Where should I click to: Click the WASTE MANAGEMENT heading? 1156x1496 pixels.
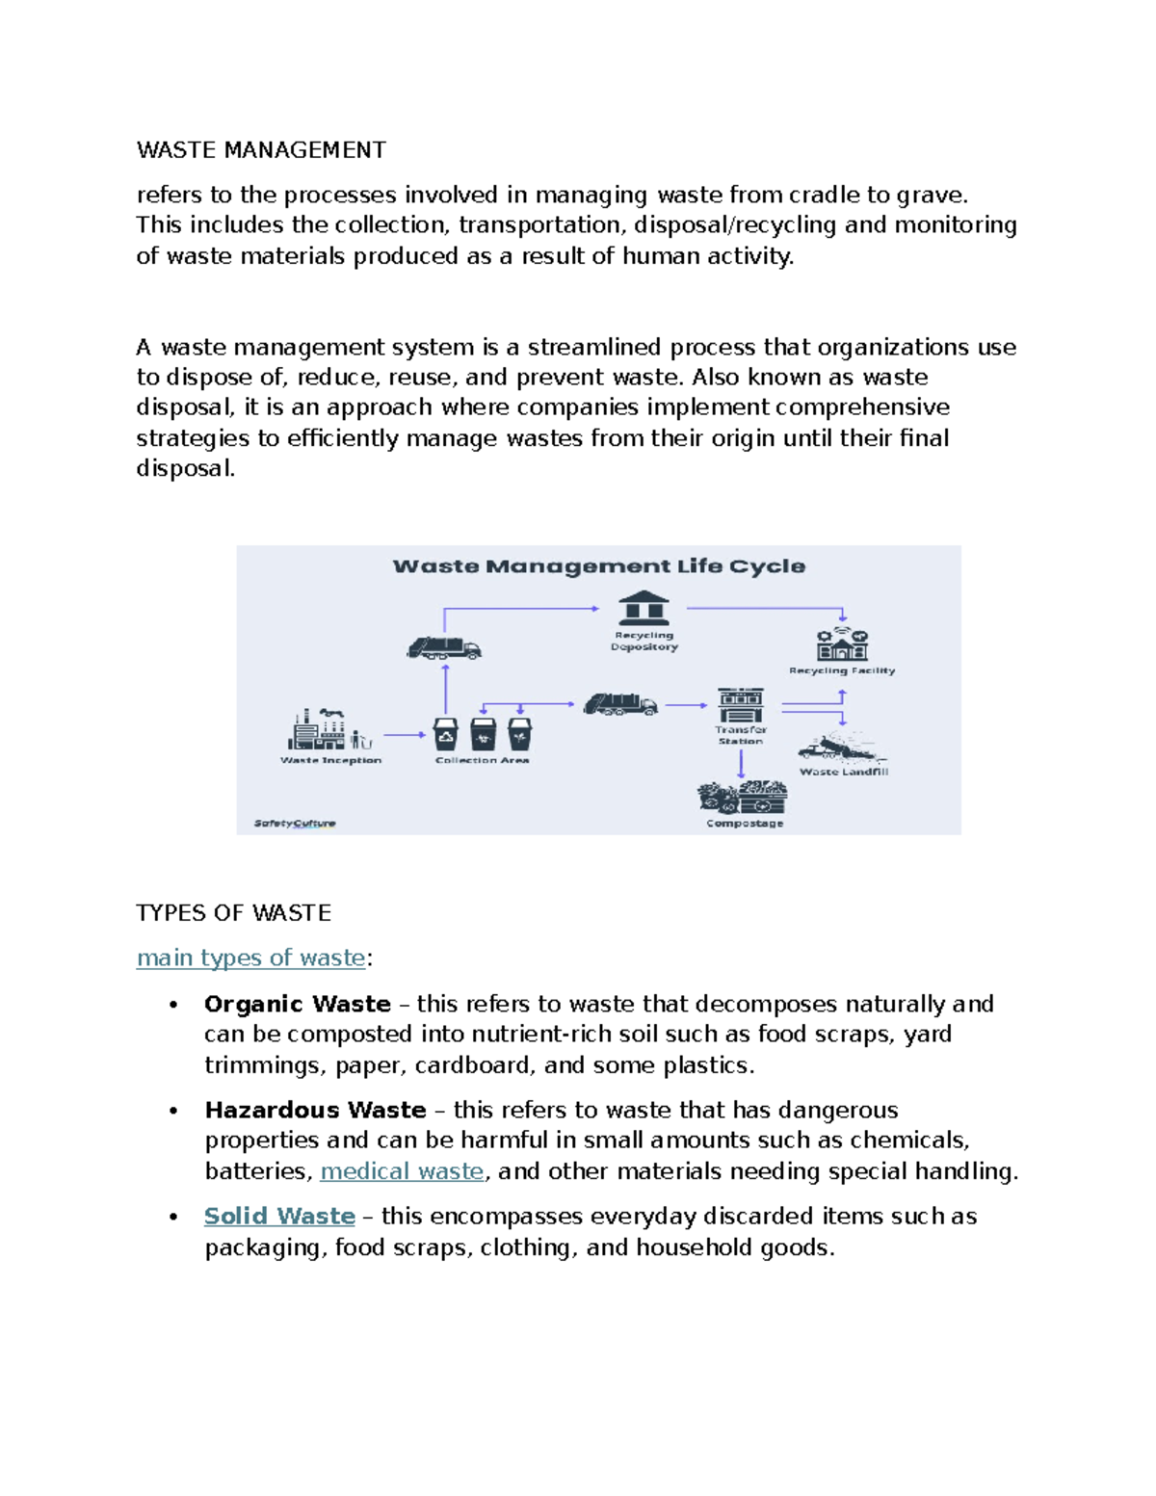coord(261,150)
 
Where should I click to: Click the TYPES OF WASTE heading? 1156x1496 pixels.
coord(234,912)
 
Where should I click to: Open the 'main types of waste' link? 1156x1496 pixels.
coord(250,958)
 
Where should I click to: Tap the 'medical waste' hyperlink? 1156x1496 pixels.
coord(402,1170)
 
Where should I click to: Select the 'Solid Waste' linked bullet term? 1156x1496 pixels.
coord(279,1216)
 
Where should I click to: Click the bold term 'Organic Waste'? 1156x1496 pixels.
coord(297,1004)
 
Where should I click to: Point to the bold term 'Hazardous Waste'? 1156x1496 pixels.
coord(315,1110)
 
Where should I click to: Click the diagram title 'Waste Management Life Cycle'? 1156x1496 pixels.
coord(598,566)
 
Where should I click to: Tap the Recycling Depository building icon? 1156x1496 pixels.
coord(644,609)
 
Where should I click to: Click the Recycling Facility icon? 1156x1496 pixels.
coord(842,644)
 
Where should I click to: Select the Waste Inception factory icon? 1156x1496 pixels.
coord(321,730)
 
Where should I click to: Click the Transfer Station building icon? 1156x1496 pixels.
coord(740,705)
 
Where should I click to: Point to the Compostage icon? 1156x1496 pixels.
coord(743,797)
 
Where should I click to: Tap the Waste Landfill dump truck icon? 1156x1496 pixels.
coord(839,748)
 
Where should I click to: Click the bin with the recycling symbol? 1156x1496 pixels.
coord(446,734)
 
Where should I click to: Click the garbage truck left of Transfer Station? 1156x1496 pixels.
coord(620,703)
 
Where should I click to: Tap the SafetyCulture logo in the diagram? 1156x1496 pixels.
coord(295,824)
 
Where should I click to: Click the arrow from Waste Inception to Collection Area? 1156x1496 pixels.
coord(404,735)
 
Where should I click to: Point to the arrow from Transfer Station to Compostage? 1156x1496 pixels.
coord(741,764)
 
